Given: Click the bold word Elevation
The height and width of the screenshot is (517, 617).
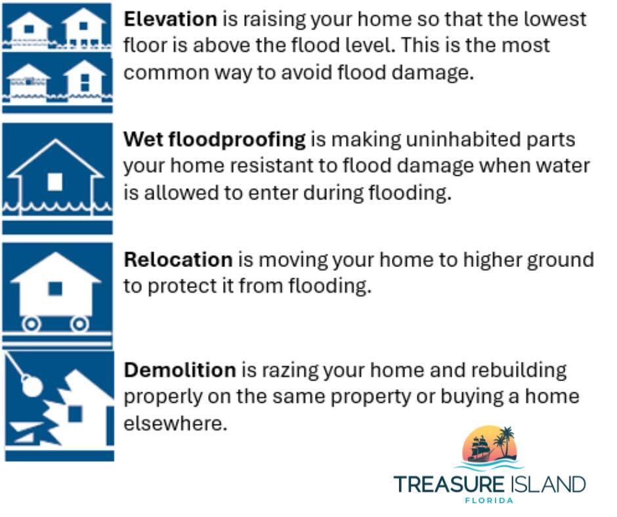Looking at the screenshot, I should (170, 19).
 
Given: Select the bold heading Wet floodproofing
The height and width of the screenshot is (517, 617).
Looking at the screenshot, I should (215, 139).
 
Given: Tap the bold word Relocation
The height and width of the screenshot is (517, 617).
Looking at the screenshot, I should (178, 260).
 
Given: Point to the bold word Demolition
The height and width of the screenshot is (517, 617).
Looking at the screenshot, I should (179, 370).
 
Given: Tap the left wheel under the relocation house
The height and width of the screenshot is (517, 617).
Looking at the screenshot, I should (30, 323).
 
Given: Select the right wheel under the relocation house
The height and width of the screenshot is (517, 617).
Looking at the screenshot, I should (79, 323).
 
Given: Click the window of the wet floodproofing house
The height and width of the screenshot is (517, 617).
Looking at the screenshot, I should (56, 181).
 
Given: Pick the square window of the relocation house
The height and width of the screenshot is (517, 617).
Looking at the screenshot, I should (56, 288).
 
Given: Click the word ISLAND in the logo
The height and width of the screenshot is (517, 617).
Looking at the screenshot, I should (547, 485).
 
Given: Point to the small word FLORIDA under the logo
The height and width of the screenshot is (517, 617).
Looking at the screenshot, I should (489, 501).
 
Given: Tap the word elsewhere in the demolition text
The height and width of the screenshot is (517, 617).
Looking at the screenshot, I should (175, 423).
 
